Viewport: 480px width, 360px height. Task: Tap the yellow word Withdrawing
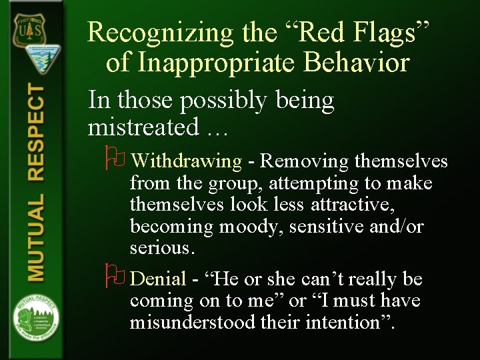186,161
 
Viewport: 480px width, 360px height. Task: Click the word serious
161,248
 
